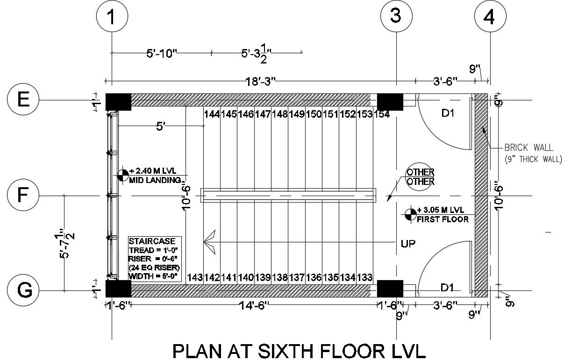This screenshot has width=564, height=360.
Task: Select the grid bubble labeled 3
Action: [396, 17]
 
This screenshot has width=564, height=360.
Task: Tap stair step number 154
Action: [382, 114]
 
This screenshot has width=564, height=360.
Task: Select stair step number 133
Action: [364, 278]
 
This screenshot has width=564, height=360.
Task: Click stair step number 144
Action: [212, 114]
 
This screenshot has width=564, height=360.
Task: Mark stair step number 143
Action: [194, 278]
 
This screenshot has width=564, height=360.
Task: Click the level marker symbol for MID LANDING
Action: [123, 175]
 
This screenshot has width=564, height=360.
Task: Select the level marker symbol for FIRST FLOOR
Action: [410, 214]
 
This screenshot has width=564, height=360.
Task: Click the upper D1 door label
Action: [448, 113]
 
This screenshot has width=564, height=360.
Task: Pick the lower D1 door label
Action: [448, 286]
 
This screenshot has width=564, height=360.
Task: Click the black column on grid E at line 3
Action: [390, 101]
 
